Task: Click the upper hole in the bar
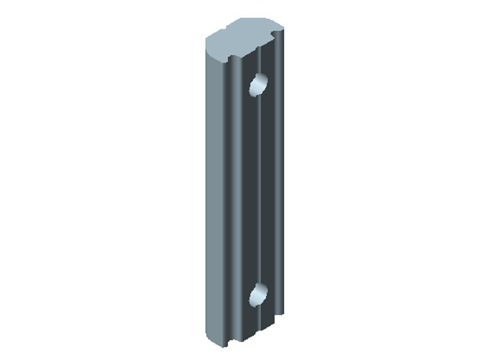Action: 259,85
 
